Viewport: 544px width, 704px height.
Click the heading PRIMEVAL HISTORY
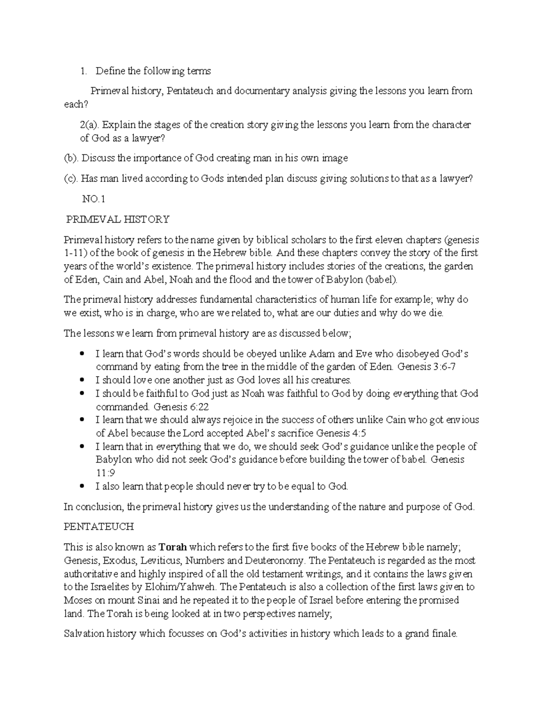[118, 219]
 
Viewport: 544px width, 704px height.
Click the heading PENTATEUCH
[99, 527]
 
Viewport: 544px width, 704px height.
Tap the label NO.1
[93, 199]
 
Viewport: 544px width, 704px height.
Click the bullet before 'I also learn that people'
[82, 486]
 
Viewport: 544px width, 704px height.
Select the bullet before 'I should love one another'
[82, 380]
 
